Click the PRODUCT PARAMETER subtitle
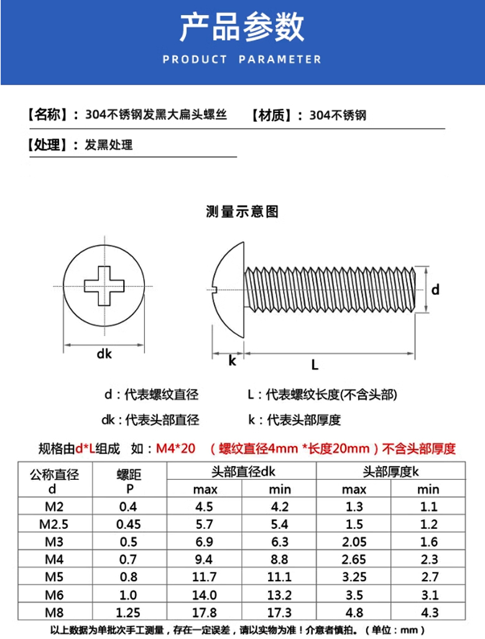coord(242,60)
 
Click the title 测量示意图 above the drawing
coord(242,212)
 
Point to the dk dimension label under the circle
coord(104,354)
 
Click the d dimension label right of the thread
coord(436,289)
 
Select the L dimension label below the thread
coord(315,365)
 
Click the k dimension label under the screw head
coord(232,361)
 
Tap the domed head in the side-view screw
coord(227,288)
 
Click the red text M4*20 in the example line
coord(175,449)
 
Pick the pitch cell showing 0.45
coord(129,524)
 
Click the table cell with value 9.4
coord(205,559)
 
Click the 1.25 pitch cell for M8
coord(129,612)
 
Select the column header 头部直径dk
coord(242,472)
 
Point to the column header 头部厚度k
coord(391,472)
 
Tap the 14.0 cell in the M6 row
coord(205,594)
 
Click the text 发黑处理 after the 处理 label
coord(109,145)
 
